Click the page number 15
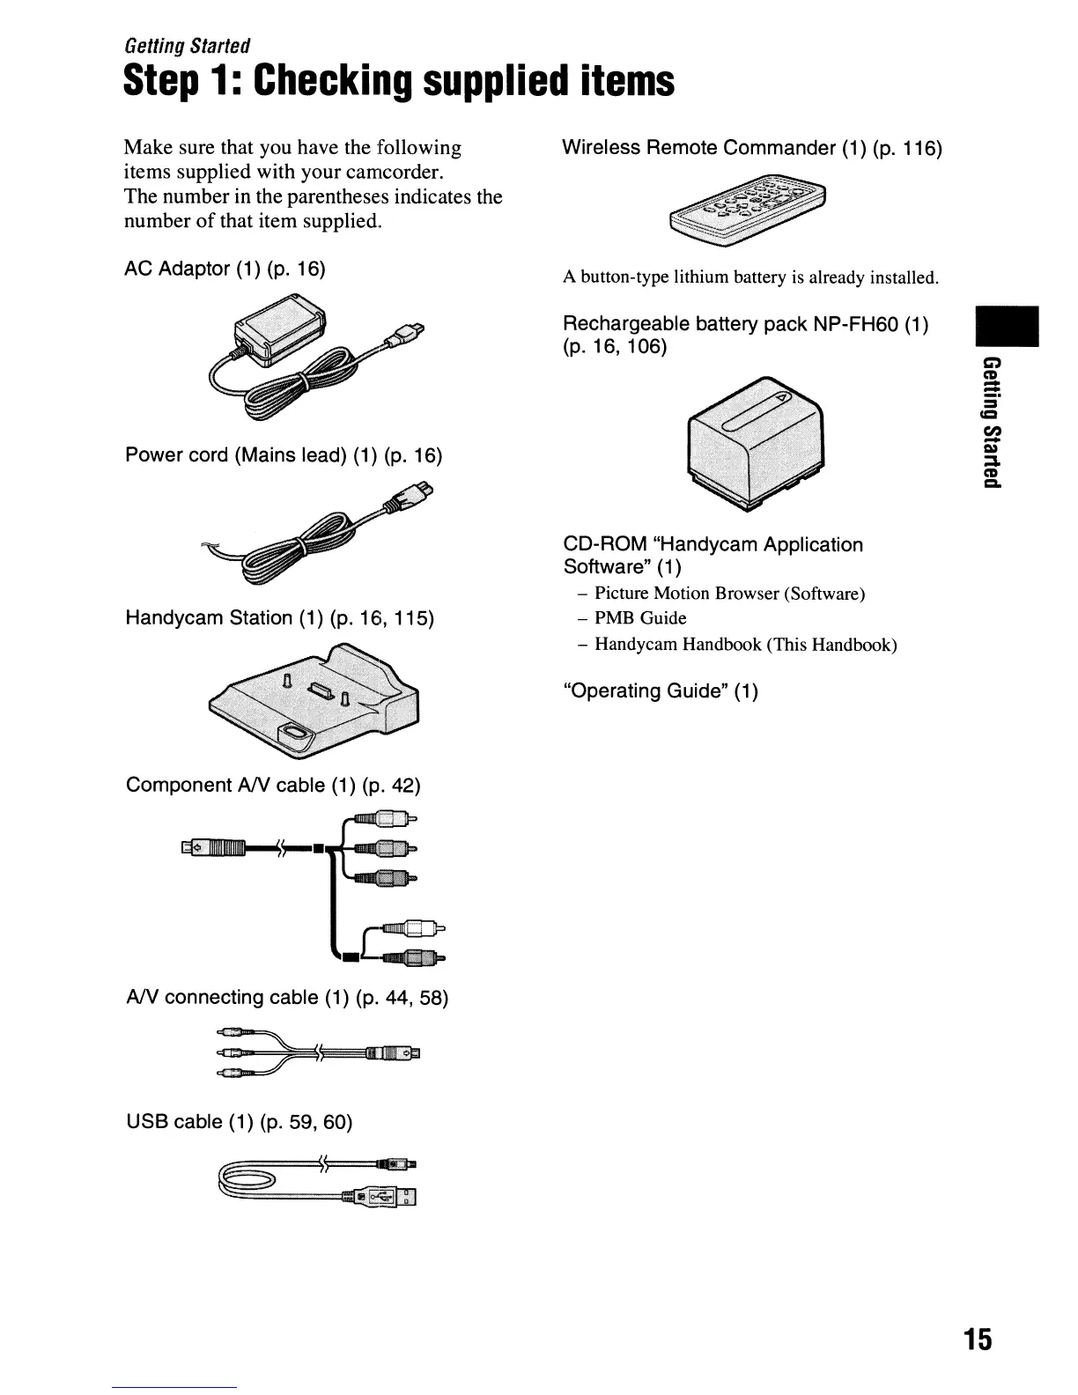[977, 1340]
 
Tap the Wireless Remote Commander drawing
[749, 210]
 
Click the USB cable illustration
[317, 1180]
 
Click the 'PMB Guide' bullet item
[640, 618]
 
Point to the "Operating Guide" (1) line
[661, 690]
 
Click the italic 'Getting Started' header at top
[187, 45]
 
